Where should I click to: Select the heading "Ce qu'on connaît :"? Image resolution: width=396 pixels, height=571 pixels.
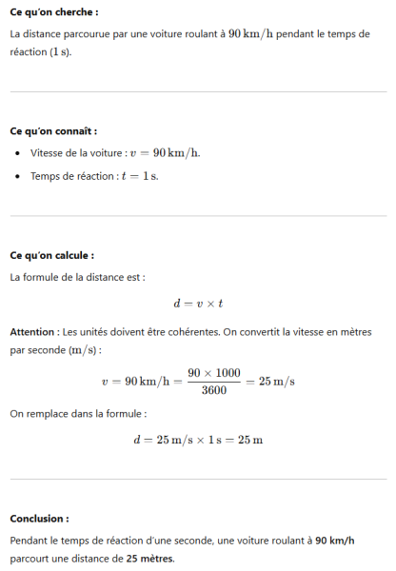tap(53, 130)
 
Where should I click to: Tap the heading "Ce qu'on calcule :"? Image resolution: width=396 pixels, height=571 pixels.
tap(51, 255)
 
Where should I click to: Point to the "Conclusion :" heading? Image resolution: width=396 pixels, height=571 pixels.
tap(39, 519)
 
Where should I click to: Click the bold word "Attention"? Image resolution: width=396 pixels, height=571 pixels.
tap(32, 332)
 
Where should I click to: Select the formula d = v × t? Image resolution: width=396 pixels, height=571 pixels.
tap(197, 304)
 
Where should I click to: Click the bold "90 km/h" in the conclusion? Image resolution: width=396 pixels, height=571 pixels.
tap(334, 540)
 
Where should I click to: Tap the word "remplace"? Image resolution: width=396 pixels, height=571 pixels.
tap(49, 414)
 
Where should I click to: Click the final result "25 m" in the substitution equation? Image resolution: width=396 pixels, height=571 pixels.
tap(250, 440)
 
